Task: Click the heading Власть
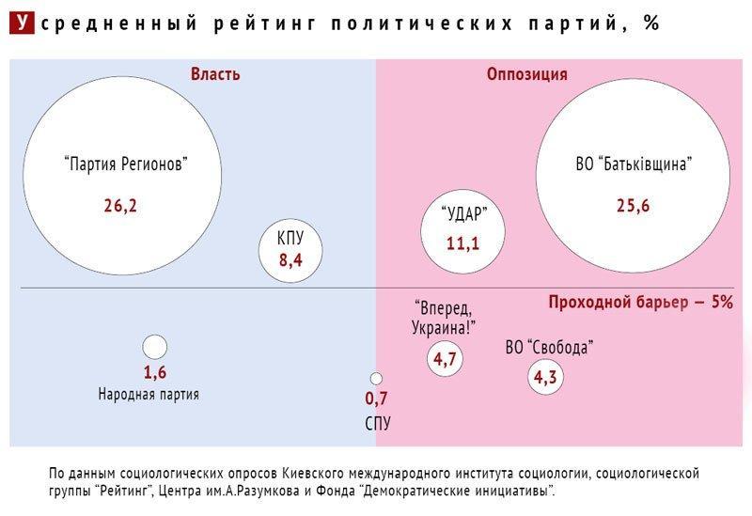point(215,74)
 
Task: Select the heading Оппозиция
point(526,74)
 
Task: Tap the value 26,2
point(120,205)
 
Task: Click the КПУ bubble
point(290,247)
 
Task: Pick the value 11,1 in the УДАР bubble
point(462,243)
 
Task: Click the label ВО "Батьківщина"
point(634,164)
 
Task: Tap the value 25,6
point(634,206)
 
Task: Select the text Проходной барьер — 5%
point(639,303)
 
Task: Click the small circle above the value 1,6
point(155,347)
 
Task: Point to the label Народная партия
point(149,395)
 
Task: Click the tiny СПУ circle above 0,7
point(376,379)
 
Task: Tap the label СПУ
point(377,423)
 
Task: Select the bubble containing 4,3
point(545,378)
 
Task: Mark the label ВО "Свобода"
point(549,348)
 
